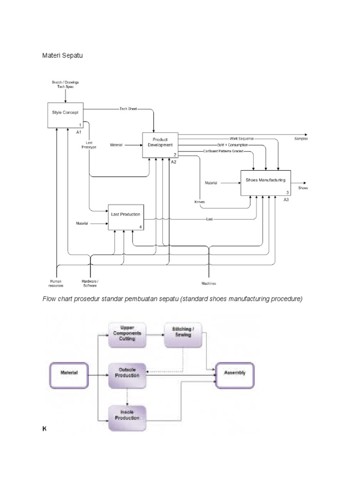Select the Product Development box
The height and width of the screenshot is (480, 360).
coord(160,145)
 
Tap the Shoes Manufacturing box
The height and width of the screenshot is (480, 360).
coord(266,183)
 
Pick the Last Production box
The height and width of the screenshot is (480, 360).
coord(126,217)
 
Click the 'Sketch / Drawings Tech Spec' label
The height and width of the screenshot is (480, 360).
coord(65,85)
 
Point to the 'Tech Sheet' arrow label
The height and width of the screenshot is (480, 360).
coord(128,109)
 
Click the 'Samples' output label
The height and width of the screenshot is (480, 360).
coord(301,139)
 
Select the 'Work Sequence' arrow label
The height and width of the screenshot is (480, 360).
coord(241,139)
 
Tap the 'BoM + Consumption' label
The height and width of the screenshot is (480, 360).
coord(232,145)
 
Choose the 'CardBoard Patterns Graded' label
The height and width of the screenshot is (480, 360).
coord(223,151)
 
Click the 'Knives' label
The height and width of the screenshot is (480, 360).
coord(200,202)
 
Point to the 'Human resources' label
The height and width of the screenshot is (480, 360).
coord(56,283)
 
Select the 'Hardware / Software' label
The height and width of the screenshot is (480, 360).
coord(90,283)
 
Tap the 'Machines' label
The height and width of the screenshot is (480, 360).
coord(209,284)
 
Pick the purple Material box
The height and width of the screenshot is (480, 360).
coord(69,375)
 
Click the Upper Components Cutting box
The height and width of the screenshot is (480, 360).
coord(127,335)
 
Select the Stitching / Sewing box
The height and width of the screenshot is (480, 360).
coord(182,335)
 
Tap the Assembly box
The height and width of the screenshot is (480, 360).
coord(235,375)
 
